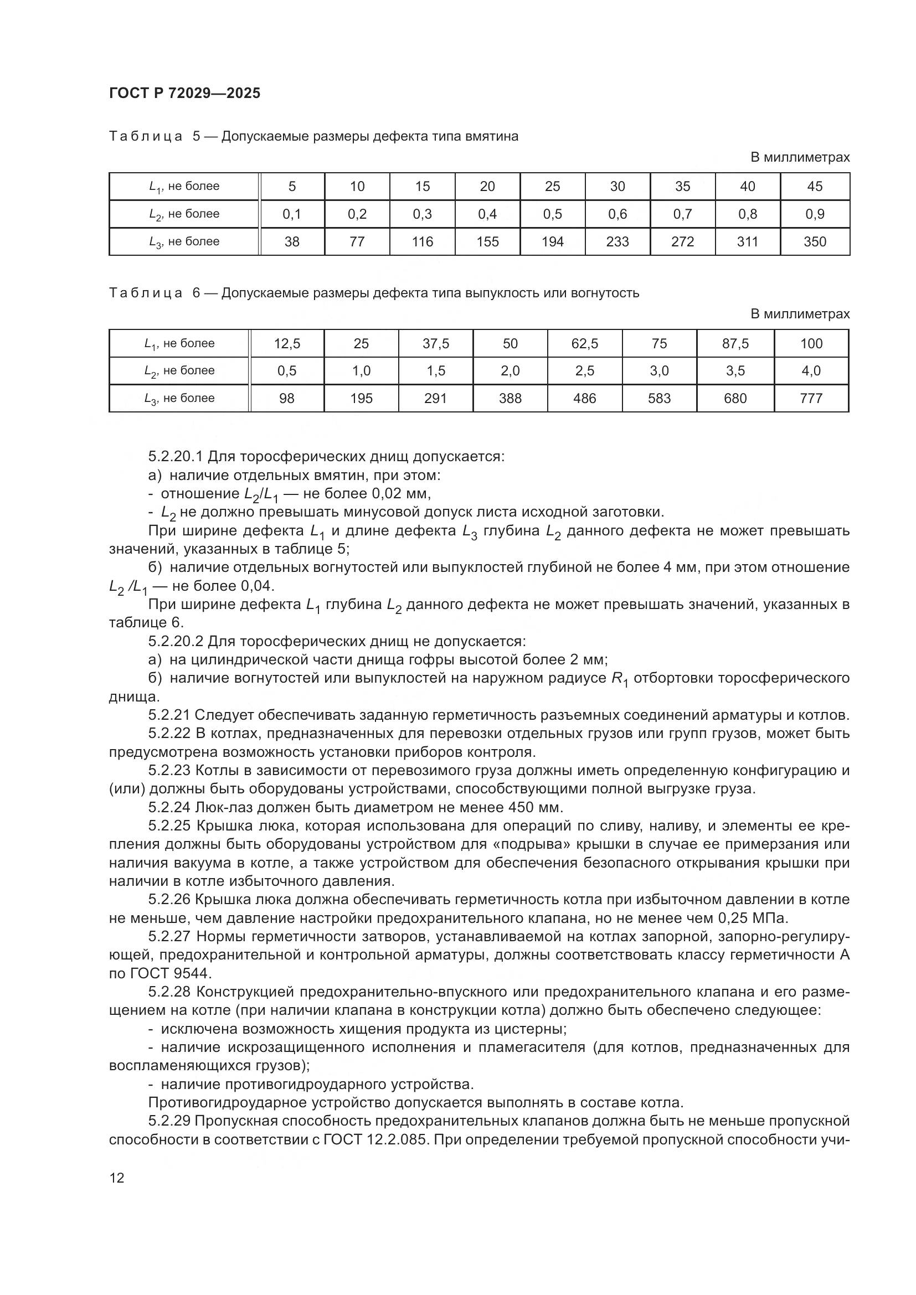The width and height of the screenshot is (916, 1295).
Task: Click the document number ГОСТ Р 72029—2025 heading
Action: point(184,94)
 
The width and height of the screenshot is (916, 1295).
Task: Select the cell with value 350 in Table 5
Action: point(815,242)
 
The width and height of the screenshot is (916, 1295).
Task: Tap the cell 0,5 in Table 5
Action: point(552,214)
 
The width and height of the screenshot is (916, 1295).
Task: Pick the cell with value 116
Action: point(422,242)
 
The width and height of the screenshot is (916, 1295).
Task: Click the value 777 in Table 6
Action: point(811,399)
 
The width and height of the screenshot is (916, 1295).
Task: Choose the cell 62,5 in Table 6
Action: point(584,343)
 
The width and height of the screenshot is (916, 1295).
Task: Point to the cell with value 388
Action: point(510,399)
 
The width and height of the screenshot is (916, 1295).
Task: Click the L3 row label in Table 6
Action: point(179,399)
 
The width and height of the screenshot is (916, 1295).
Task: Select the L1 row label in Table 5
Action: point(184,187)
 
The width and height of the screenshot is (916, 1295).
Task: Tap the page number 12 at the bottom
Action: point(117,1178)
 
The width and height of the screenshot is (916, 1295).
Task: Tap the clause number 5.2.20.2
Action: point(176,641)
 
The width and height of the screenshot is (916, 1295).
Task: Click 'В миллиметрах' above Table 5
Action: point(800,158)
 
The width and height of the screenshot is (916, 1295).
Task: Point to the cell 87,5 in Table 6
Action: point(735,343)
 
